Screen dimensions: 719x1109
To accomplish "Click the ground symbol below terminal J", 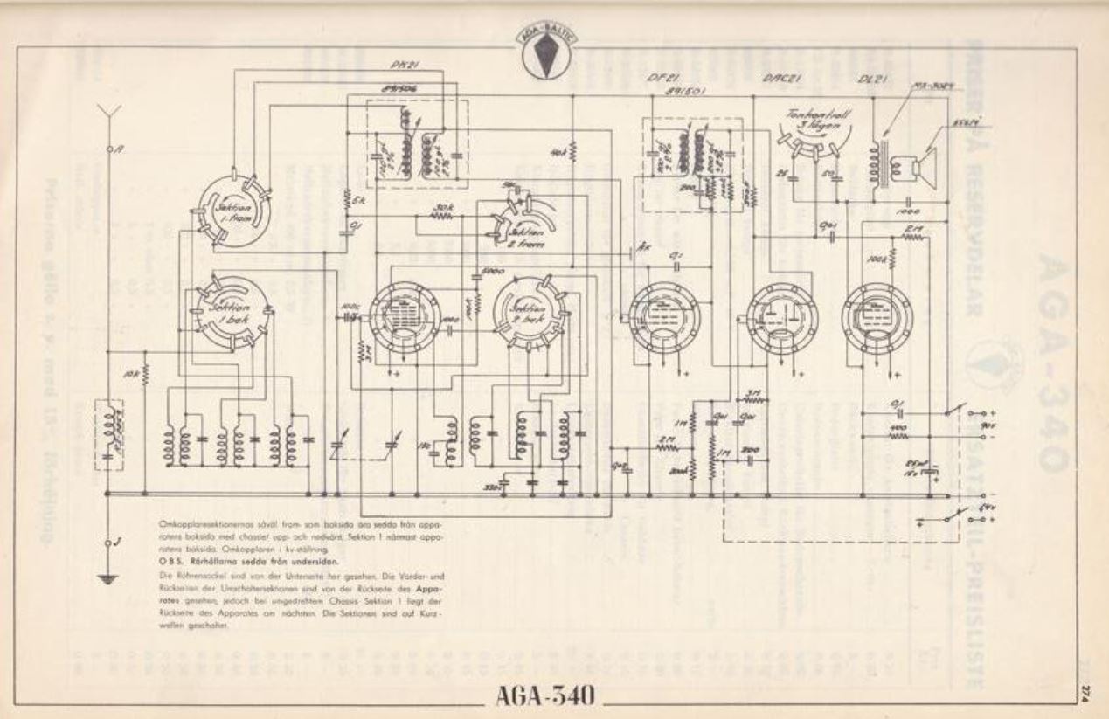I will tap(108, 577).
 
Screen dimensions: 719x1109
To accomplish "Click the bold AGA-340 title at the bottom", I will tap(546, 696).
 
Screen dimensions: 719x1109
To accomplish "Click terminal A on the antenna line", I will tap(109, 149).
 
